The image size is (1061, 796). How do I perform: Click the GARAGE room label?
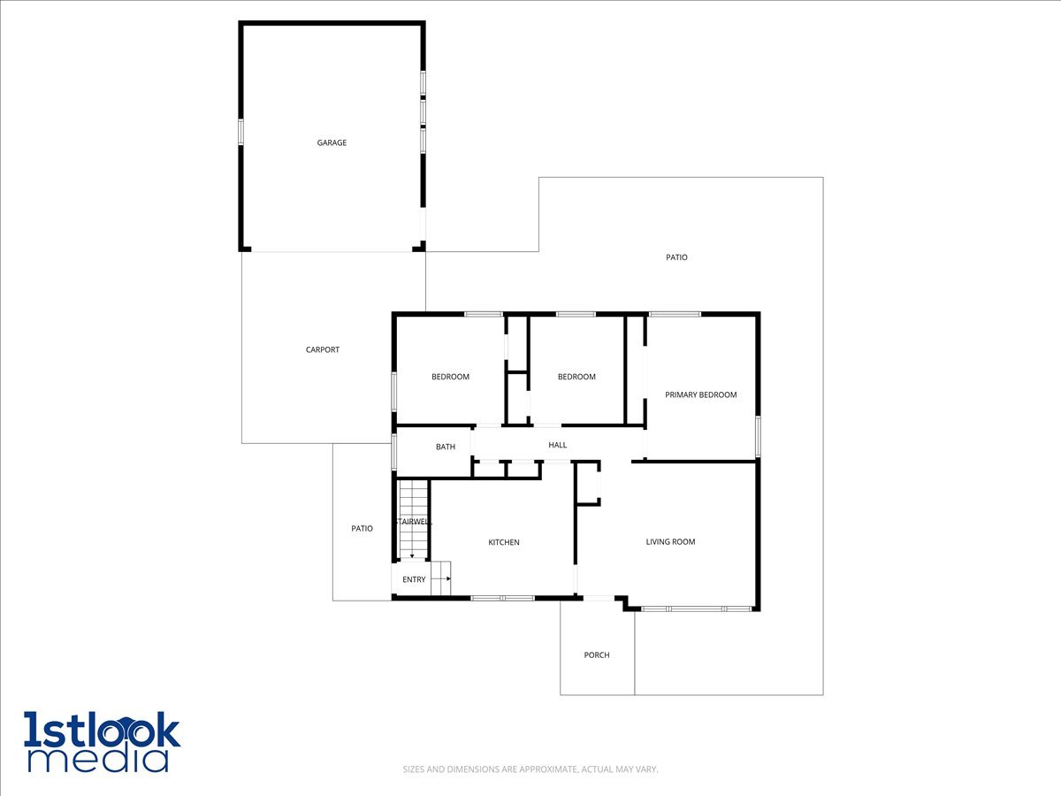tap(332, 142)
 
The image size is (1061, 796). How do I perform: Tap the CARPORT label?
tap(323, 349)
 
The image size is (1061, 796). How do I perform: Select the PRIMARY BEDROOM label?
tap(700, 394)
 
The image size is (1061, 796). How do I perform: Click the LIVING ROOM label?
tap(670, 541)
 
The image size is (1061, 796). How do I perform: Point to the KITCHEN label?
tap(504, 542)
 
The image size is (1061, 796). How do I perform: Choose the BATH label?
tap(446, 447)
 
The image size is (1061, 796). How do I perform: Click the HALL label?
tap(557, 445)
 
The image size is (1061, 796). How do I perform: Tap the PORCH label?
tap(597, 655)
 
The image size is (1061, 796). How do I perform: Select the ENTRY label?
tap(414, 579)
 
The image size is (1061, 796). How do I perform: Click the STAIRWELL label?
tap(413, 522)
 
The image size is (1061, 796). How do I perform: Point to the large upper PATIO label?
tap(676, 257)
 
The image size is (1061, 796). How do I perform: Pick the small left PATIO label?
tap(362, 528)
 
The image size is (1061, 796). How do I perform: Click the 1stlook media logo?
tap(102, 741)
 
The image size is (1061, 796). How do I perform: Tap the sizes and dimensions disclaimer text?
tap(530, 769)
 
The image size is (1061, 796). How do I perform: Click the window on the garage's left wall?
tap(241, 131)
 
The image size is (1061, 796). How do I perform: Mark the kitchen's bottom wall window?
tap(502, 599)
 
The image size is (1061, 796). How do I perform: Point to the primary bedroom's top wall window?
tap(675, 314)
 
